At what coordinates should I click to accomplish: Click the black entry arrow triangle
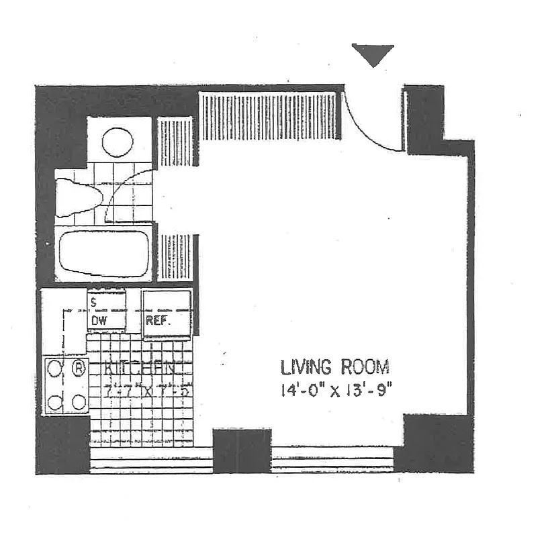(373, 54)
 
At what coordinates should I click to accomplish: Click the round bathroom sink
(118, 142)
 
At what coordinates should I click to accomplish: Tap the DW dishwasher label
(99, 321)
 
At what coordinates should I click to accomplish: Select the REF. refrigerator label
(158, 321)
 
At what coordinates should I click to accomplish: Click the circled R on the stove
(79, 367)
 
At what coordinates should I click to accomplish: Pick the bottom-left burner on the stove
(55, 402)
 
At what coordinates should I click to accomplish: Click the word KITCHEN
(140, 369)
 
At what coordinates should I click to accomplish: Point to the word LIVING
(306, 367)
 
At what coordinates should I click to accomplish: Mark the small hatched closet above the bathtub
(175, 142)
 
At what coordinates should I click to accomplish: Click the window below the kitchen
(151, 460)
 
